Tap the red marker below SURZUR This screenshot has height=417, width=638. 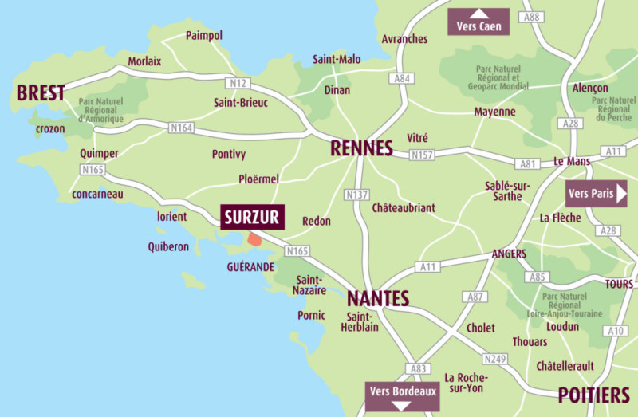pyautogui.click(x=254, y=238)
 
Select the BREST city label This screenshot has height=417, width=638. pyautogui.click(x=40, y=93)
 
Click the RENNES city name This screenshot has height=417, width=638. pyautogui.click(x=362, y=148)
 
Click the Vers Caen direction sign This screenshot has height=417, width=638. pyautogui.click(x=479, y=22)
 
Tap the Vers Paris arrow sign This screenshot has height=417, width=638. pyautogui.click(x=597, y=193)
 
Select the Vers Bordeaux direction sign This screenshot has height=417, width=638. pyautogui.click(x=402, y=395)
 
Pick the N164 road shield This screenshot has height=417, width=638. pyautogui.click(x=182, y=128)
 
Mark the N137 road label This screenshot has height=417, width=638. pyautogui.click(x=356, y=195)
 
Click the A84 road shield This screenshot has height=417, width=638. pyautogui.click(x=401, y=79)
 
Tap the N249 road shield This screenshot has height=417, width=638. pyautogui.click(x=495, y=359)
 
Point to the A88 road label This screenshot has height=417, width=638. pyautogui.click(x=532, y=17)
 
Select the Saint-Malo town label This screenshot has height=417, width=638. pyautogui.click(x=337, y=59)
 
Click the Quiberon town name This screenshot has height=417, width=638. pyautogui.click(x=168, y=246)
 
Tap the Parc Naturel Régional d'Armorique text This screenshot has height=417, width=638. pyautogui.click(x=101, y=111)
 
